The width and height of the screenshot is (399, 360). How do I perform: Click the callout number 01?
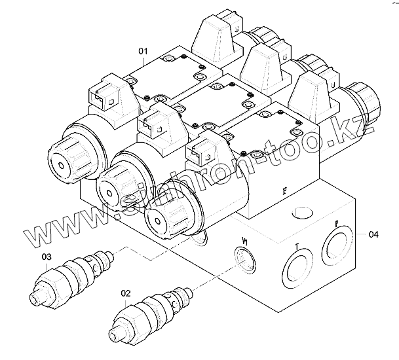click(143, 51)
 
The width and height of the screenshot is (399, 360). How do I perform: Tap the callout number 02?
click(127, 294)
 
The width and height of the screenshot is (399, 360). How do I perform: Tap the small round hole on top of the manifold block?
click(302, 213)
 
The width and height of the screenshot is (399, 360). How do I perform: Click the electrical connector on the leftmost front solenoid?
click(102, 97)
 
